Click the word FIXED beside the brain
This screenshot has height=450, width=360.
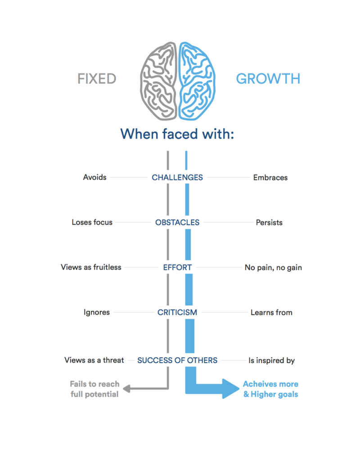tap(97, 79)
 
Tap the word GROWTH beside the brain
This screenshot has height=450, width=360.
tap(268, 79)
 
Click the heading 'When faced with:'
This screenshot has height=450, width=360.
tap(177, 134)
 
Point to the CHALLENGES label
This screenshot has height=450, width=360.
tap(177, 177)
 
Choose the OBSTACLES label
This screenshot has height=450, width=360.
tap(177, 222)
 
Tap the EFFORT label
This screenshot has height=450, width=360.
tap(177, 267)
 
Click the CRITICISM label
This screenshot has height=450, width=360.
tap(177, 312)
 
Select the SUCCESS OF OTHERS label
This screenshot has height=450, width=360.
tap(177, 360)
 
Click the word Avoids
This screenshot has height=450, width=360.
tap(95, 177)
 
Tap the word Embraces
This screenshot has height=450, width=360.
tap(270, 177)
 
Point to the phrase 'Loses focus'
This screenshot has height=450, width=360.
tap(92, 222)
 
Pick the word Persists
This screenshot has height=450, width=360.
tap(270, 222)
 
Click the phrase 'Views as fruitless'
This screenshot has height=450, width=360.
tap(91, 267)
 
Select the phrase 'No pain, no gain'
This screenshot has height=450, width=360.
tap(273, 267)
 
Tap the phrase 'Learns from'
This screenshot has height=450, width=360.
tap(271, 312)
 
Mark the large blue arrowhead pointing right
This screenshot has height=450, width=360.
tap(228, 389)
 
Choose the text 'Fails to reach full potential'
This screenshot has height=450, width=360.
tap(94, 389)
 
